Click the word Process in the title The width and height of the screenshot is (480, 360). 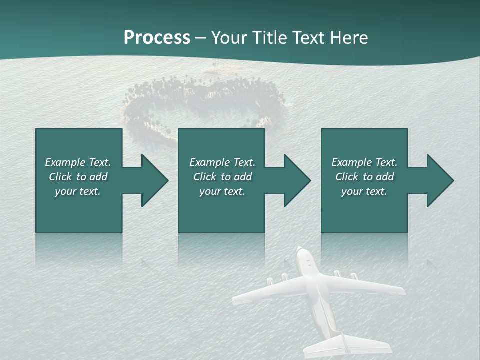pos(157,38)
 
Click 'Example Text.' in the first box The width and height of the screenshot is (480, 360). pos(78,162)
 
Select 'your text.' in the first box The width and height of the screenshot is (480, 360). pos(78,191)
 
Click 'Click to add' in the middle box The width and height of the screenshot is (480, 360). pos(222,177)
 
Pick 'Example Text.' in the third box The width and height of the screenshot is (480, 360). pos(364,162)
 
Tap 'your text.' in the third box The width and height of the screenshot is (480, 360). pos(364,191)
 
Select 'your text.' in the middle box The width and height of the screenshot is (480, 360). pos(222,191)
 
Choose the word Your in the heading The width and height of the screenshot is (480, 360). pos(228,38)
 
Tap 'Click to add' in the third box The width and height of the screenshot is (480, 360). pos(364,177)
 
